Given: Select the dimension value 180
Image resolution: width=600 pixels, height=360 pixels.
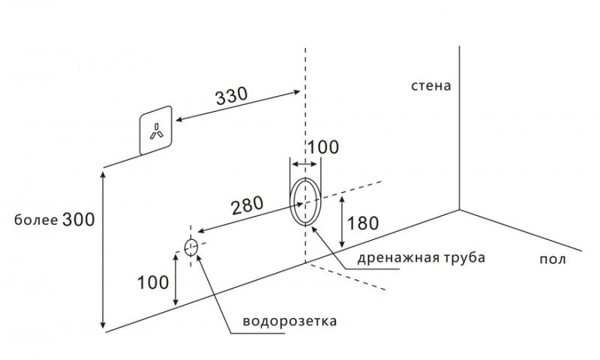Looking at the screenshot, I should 364,223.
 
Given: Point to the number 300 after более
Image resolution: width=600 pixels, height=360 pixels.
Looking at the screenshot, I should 77,219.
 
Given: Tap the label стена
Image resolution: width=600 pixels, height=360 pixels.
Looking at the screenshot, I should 430,85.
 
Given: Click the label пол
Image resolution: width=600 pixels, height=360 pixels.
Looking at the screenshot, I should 552,259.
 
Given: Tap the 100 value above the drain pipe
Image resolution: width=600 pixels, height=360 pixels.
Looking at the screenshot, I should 323,147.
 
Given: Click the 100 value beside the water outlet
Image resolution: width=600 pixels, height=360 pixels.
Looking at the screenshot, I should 152,282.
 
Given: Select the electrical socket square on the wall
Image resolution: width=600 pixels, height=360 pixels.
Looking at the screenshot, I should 157,131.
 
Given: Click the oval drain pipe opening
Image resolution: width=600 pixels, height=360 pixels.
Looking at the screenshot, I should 305,201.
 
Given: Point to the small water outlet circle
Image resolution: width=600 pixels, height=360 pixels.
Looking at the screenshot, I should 190,247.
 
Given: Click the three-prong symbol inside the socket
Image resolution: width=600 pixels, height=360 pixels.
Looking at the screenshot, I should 157,131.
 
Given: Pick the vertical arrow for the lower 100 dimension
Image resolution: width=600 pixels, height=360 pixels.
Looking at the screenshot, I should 176,279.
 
